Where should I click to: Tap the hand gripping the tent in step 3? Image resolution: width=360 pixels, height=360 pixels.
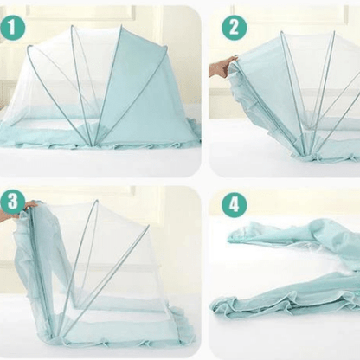coord(32,205)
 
